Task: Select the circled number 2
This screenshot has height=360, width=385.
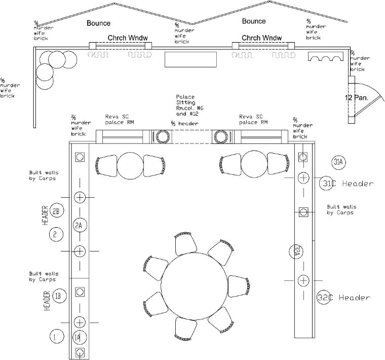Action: point(55,234)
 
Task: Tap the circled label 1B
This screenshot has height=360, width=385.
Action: point(59,296)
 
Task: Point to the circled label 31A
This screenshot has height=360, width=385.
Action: point(338,162)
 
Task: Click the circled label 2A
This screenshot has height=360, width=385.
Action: point(78,225)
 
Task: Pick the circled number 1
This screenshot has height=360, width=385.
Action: point(56,335)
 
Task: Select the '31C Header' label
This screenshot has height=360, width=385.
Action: point(346,184)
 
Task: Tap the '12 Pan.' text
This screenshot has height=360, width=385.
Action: point(356,97)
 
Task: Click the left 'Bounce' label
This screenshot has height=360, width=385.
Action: point(98,23)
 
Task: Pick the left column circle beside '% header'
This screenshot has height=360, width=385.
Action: point(163,136)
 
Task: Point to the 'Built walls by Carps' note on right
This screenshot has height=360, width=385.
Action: point(341,209)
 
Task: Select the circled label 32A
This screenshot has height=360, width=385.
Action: point(297,251)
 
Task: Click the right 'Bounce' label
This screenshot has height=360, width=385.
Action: point(254,21)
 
